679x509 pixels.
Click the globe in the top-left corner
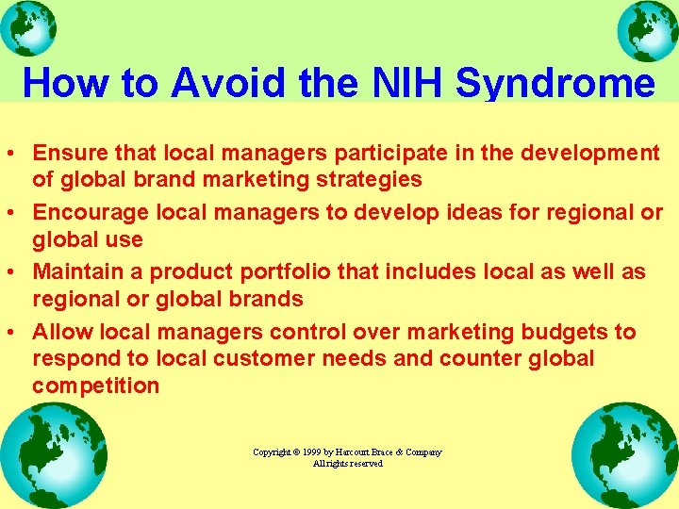click(29, 29)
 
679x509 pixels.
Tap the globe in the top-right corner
click(648, 30)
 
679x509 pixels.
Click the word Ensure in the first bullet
click(65, 153)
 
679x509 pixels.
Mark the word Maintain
click(75, 272)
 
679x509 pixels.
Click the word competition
click(95, 386)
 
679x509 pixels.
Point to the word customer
click(290, 359)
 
